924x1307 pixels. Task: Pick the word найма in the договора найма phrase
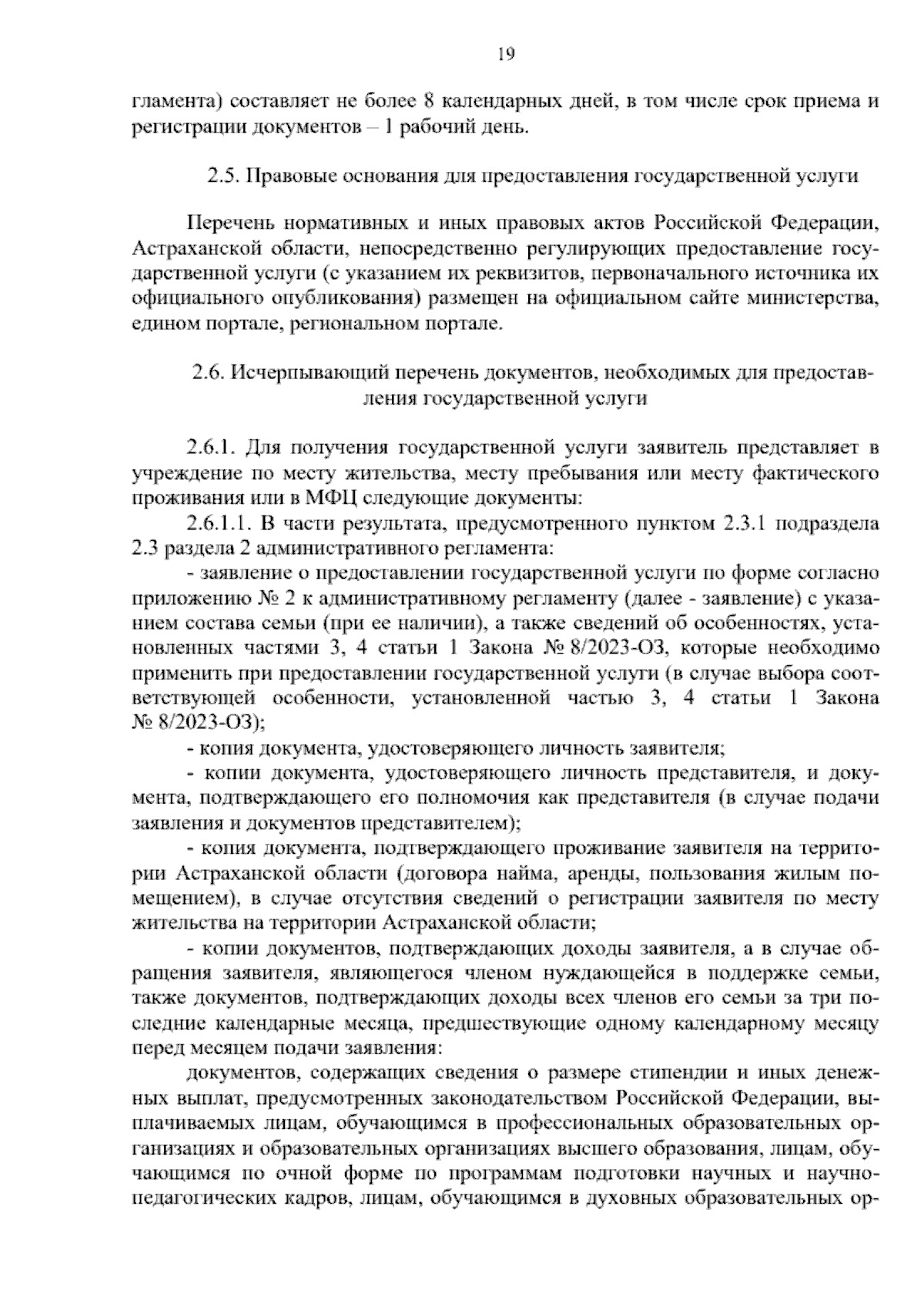517,874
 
